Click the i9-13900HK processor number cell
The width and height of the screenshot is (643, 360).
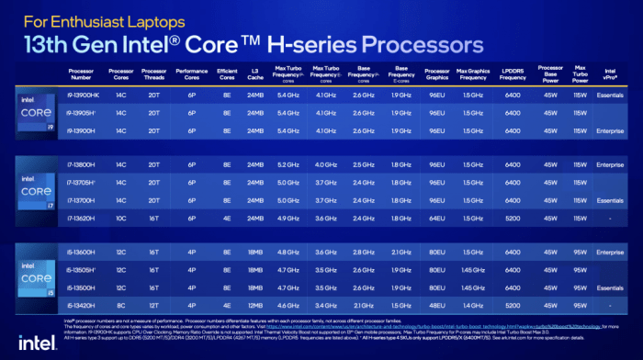83,95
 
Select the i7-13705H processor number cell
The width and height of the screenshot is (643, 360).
83,182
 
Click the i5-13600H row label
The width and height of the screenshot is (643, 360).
83,251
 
